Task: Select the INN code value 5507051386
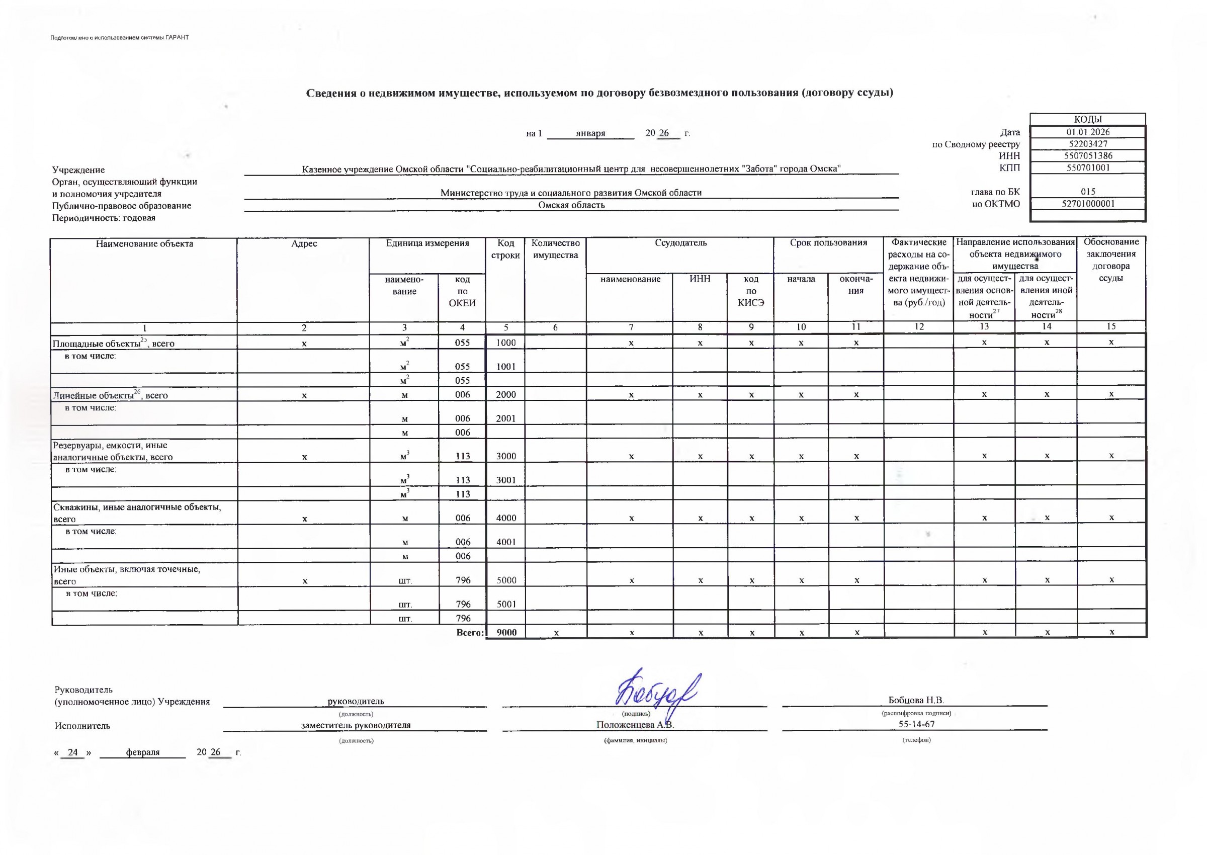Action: tap(1087, 156)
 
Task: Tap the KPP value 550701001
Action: tap(1087, 168)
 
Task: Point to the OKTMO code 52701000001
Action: tap(1087, 204)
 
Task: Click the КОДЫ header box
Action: tap(1087, 120)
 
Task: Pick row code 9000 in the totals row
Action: tap(506, 632)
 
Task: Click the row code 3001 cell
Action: tap(506, 480)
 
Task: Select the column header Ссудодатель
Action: tap(680, 243)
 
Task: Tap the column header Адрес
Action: tap(304, 244)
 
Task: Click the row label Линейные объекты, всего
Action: tap(111, 395)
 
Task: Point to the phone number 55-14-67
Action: tap(916, 724)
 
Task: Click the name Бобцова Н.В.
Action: tap(916, 700)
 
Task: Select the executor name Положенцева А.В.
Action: tap(635, 725)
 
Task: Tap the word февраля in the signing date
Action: tap(143, 752)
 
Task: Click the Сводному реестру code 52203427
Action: tap(1087, 144)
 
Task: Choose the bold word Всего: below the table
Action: tap(470, 632)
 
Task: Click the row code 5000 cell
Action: tap(506, 580)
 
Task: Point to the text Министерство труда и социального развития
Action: tap(571, 193)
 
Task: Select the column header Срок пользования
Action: tap(828, 243)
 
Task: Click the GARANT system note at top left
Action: tap(120, 37)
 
